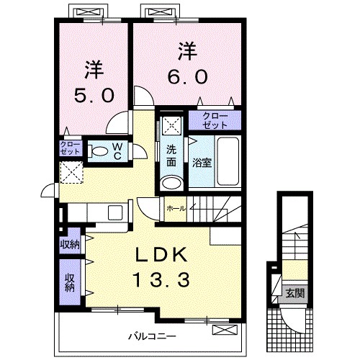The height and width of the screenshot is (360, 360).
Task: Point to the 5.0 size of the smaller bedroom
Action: click(x=94, y=94)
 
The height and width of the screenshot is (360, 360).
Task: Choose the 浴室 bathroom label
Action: click(x=202, y=163)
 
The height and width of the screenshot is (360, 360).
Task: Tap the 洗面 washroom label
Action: click(x=172, y=157)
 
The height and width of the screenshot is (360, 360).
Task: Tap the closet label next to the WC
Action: click(x=71, y=149)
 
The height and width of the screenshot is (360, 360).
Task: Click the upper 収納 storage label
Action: click(x=69, y=244)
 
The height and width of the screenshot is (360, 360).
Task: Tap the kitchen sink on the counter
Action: click(x=114, y=213)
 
